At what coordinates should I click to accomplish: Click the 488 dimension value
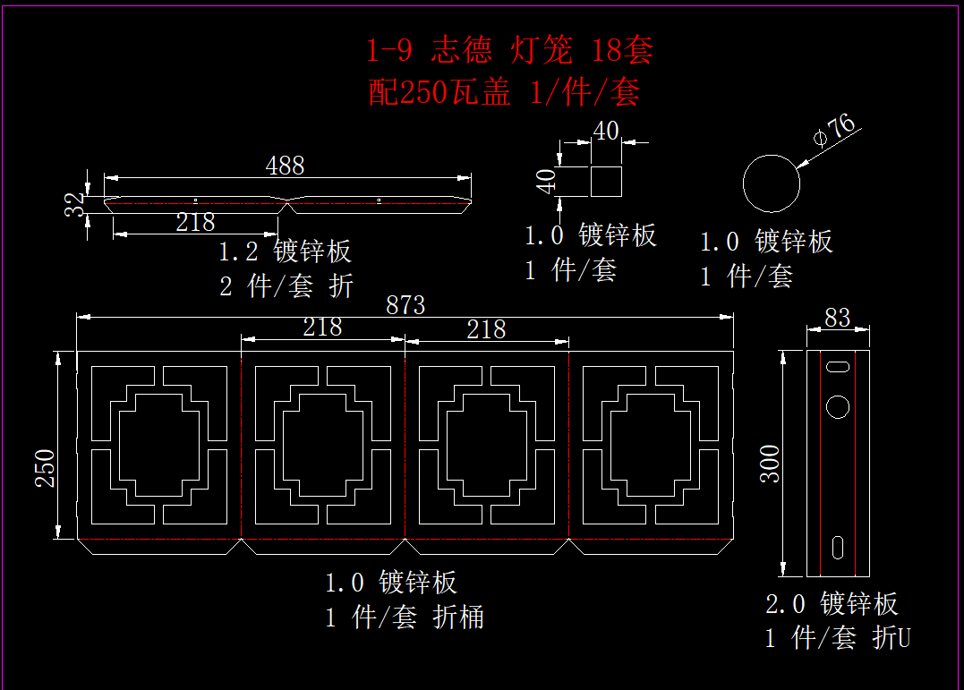pyautogui.click(x=285, y=166)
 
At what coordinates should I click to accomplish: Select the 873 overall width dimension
pyautogui.click(x=405, y=305)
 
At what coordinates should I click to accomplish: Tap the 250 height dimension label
pyautogui.click(x=45, y=468)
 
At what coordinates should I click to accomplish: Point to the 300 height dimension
pyautogui.click(x=771, y=463)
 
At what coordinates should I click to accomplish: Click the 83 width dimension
pyautogui.click(x=838, y=318)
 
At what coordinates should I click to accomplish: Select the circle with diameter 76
pyautogui.click(x=772, y=183)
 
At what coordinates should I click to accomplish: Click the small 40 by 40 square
pyautogui.click(x=606, y=181)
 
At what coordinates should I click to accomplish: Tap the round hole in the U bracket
pyautogui.click(x=838, y=406)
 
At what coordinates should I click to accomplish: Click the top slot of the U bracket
pyautogui.click(x=838, y=367)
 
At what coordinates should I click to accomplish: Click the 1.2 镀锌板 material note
pyautogui.click(x=286, y=251)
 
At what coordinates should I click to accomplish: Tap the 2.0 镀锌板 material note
pyautogui.click(x=832, y=604)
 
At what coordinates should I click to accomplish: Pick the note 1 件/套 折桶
pyautogui.click(x=405, y=618)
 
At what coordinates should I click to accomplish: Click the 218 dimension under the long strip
pyautogui.click(x=195, y=222)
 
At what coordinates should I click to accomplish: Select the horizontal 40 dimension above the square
pyautogui.click(x=606, y=131)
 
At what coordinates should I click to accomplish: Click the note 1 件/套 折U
pyautogui.click(x=838, y=638)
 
